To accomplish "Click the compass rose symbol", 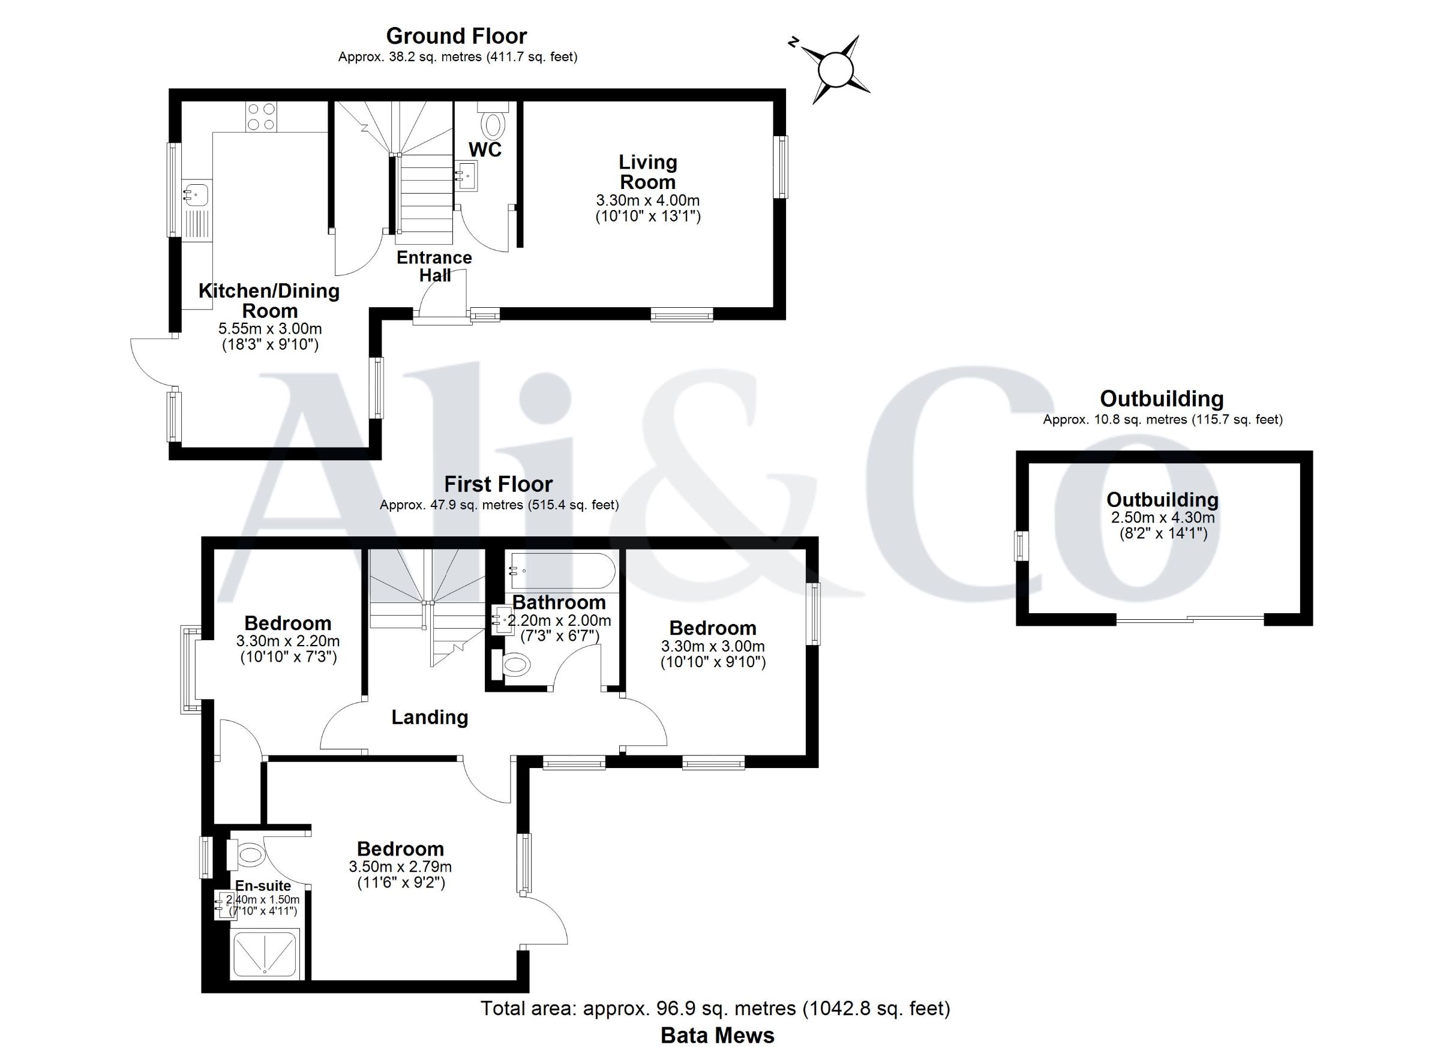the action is pos(836,69).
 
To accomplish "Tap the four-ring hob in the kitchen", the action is pos(261,117).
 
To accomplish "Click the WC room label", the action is pos(485,150).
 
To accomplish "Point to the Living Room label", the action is pos(647,172).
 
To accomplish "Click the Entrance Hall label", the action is pos(434,266).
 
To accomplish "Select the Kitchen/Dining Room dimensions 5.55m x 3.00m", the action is pos(270,329).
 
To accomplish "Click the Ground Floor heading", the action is pos(457,36).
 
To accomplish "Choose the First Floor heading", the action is pos(499,484).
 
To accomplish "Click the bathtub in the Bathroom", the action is pos(560,571).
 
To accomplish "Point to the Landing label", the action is pos(430,718).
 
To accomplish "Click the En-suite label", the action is pos(263,886).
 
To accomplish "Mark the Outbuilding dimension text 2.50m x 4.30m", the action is pos(1163,517).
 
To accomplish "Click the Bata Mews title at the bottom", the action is pos(718,1036).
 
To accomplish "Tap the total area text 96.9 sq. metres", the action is pos(689,1008).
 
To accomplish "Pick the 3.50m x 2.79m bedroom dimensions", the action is pos(400,866).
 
